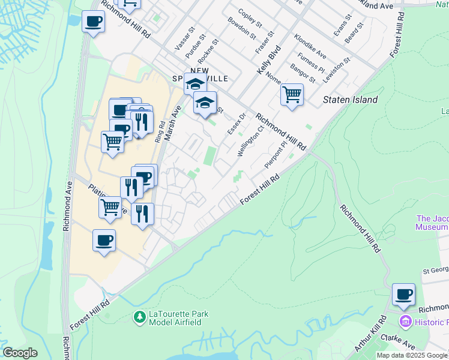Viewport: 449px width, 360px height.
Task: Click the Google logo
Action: click(x=20, y=353)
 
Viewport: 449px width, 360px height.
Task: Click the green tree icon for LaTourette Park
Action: click(x=140, y=316)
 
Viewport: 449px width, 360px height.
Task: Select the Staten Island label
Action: click(x=351, y=100)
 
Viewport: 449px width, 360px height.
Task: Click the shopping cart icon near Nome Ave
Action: click(x=292, y=94)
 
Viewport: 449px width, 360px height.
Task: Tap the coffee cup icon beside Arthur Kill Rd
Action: click(x=403, y=295)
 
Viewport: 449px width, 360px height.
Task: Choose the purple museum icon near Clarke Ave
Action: click(x=405, y=322)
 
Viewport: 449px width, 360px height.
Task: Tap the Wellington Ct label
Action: click(x=251, y=140)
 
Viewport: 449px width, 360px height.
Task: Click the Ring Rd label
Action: click(x=159, y=131)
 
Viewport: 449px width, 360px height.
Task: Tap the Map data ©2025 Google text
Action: click(x=412, y=355)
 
